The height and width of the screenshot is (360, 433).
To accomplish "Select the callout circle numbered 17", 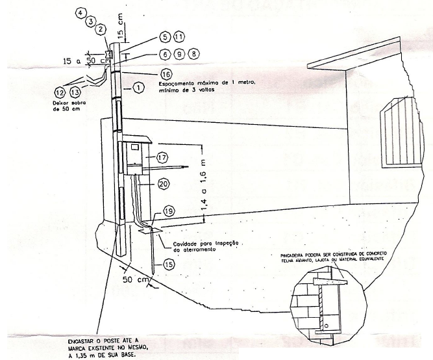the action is pyautogui.click(x=162, y=157).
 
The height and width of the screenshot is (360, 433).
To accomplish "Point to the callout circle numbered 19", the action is pyautogui.click(x=168, y=212).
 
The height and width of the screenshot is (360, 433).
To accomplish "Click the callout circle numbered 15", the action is pyautogui.click(x=168, y=264).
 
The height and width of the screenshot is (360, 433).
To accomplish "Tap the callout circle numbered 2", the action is pyautogui.click(x=101, y=29).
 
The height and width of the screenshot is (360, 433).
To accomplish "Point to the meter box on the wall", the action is pyautogui.click(x=136, y=155).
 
